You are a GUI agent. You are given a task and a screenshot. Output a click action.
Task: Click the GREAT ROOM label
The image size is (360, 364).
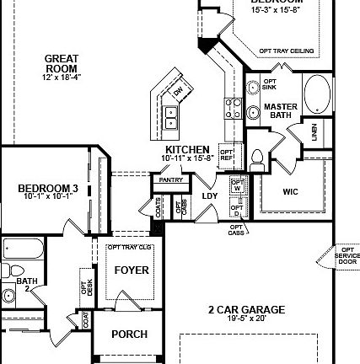click(x=62, y=63)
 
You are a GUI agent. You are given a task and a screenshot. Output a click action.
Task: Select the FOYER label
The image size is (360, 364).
click(x=131, y=270)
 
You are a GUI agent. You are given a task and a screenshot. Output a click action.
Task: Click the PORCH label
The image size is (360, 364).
click(x=130, y=334)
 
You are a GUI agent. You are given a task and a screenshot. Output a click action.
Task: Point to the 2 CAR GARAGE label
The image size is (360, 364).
click(x=246, y=309)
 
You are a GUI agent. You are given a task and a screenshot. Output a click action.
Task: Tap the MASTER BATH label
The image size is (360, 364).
click(x=280, y=110)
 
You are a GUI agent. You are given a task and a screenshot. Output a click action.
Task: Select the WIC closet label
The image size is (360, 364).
click(x=291, y=191)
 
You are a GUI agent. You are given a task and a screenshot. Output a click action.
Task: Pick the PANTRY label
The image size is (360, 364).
click(x=170, y=179)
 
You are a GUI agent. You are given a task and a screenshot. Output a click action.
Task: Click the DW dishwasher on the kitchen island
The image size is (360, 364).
click(x=178, y=91)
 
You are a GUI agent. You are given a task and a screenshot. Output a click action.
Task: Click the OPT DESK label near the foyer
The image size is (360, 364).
click(x=85, y=286)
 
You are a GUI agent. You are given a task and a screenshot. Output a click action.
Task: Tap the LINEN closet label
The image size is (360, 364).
click(x=314, y=131)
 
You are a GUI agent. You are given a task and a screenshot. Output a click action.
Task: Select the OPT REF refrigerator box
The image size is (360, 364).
click(x=226, y=154)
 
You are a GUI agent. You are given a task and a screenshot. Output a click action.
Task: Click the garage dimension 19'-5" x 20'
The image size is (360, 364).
click(x=246, y=318)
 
